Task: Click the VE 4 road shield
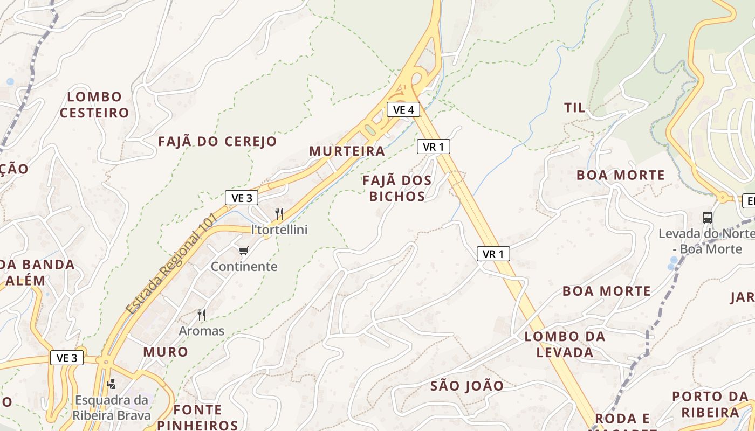click(403, 109)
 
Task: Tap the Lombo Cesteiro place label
click(94, 105)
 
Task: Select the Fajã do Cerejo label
click(217, 142)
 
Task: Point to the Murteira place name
click(347, 151)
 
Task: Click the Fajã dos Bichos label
click(397, 188)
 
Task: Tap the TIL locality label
click(574, 107)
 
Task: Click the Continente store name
click(244, 266)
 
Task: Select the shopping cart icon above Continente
click(244, 251)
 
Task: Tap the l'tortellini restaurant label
click(279, 230)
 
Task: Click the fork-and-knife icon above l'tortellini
click(279, 213)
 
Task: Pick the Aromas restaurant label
click(202, 330)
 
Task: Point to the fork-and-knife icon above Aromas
click(202, 315)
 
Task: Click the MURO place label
click(166, 352)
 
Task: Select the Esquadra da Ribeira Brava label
click(112, 408)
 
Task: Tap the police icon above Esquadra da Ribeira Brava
click(112, 384)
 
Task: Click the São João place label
click(467, 386)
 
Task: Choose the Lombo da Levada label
click(565, 344)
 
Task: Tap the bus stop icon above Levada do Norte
click(708, 218)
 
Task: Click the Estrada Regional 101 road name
click(171, 264)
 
